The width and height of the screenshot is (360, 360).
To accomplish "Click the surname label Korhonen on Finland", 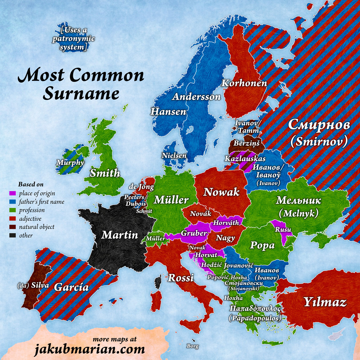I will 244,83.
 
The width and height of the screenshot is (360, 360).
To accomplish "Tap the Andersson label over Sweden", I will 196,97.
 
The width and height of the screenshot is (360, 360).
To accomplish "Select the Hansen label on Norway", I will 168,111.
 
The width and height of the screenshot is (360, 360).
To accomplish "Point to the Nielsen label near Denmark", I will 174,155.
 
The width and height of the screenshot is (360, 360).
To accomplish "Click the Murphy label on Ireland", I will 70,163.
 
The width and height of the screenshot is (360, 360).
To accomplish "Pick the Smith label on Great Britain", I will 105,173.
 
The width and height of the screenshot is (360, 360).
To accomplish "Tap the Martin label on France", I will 120,235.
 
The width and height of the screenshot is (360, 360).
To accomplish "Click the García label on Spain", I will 71,287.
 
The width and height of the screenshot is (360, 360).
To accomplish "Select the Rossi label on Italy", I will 181,277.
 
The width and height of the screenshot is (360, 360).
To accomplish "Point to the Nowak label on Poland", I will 221,192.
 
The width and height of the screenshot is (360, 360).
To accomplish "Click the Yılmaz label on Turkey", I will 325,302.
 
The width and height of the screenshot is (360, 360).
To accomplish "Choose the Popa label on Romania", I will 262,245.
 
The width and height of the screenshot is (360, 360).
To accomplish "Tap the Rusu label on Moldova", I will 283,229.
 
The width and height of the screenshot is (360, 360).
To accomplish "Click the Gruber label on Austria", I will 194,233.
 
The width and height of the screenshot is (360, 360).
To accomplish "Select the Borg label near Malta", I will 193,346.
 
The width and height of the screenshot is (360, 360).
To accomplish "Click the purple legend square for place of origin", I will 13,194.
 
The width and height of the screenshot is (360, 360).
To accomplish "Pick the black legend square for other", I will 13,236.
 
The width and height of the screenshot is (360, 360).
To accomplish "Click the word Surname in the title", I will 81,94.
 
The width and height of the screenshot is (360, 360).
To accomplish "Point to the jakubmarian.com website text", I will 90,349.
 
